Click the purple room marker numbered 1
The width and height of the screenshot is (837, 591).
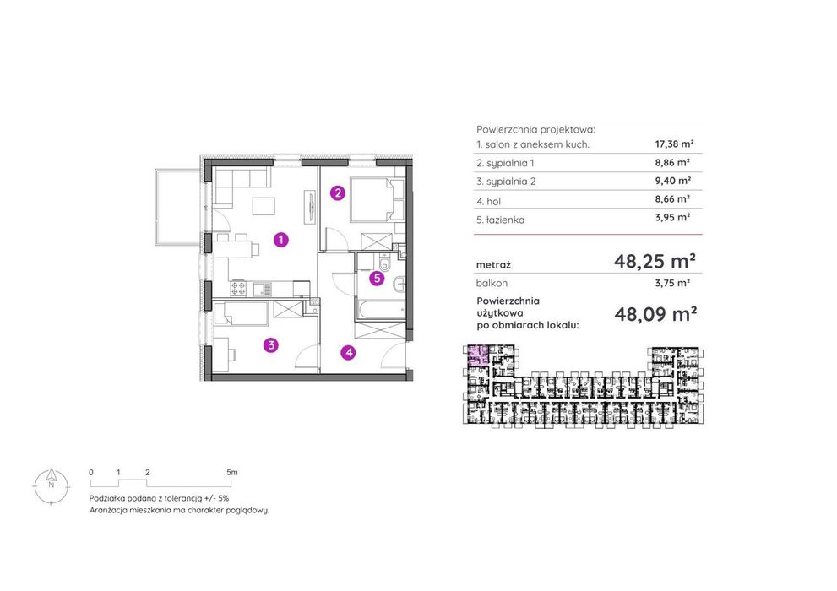pyautogui.click(x=280, y=240)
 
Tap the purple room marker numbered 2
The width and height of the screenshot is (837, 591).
pyautogui.click(x=337, y=192)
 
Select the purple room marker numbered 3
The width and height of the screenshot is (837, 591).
pyautogui.click(x=271, y=345)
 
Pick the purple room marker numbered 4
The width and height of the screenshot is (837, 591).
pyautogui.click(x=349, y=352)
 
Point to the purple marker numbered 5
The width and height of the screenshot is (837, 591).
pyautogui.click(x=377, y=278)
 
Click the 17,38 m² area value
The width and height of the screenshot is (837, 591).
pyautogui.click(x=674, y=144)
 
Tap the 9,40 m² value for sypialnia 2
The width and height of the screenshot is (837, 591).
pyautogui.click(x=672, y=181)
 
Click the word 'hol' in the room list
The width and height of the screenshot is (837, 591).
pyautogui.click(x=493, y=201)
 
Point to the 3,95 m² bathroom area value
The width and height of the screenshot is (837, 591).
pyautogui.click(x=672, y=217)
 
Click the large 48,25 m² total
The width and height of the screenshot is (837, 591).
pyautogui.click(x=655, y=261)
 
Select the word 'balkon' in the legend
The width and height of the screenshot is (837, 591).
pyautogui.click(x=492, y=283)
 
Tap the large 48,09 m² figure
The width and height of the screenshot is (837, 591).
pyautogui.click(x=655, y=313)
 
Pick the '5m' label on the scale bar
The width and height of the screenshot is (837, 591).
pyautogui.click(x=231, y=472)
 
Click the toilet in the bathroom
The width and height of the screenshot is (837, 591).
pyautogui.click(x=383, y=263)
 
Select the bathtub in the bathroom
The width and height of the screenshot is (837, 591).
pyautogui.click(x=381, y=310)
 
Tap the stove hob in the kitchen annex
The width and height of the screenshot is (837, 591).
pyautogui.click(x=238, y=289)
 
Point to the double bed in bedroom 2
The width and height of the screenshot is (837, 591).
pyautogui.click(x=378, y=199)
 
